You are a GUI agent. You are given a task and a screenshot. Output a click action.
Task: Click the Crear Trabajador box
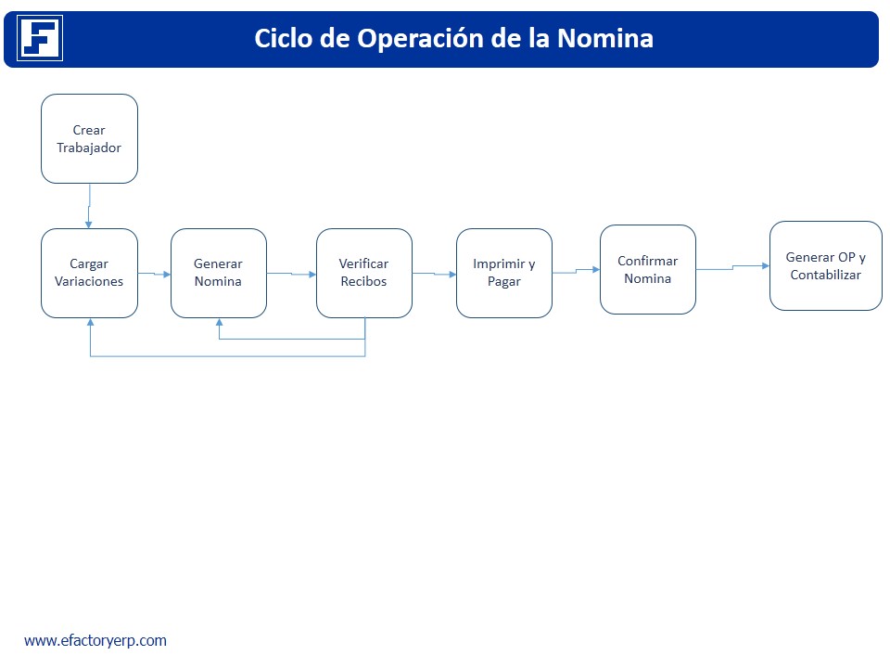click(x=89, y=138)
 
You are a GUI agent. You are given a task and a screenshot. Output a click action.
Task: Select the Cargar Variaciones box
click(x=89, y=273)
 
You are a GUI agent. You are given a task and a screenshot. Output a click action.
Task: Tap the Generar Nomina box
click(x=219, y=273)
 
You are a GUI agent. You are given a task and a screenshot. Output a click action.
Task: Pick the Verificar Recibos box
click(x=363, y=273)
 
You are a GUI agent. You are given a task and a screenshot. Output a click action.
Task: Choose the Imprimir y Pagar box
click(x=504, y=273)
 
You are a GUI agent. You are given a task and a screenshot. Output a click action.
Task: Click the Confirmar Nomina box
click(x=648, y=270)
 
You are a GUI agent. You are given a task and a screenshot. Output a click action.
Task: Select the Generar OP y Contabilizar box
click(x=826, y=266)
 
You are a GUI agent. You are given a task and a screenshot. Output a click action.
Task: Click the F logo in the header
click(x=40, y=38)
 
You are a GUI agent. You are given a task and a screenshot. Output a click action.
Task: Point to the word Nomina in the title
click(x=605, y=39)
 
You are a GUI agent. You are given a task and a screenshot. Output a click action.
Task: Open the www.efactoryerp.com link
click(x=95, y=641)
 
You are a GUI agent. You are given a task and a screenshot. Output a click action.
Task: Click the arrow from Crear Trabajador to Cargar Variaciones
click(x=89, y=206)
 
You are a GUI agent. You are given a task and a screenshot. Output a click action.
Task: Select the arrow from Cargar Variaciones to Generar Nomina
click(x=155, y=274)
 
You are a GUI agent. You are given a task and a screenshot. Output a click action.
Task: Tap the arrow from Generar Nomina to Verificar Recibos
click(x=291, y=274)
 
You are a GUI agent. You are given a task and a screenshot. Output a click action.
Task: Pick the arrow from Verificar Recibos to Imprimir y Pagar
click(x=434, y=274)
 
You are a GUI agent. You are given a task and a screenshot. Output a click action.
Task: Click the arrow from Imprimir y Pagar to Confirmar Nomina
click(x=576, y=271)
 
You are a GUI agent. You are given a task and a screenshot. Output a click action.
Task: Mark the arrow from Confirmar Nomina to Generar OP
click(x=732, y=267)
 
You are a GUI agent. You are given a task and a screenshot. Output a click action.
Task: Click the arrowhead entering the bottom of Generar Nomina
click(x=219, y=322)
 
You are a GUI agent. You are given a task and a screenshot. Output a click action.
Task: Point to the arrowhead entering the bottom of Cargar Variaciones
click(x=90, y=322)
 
